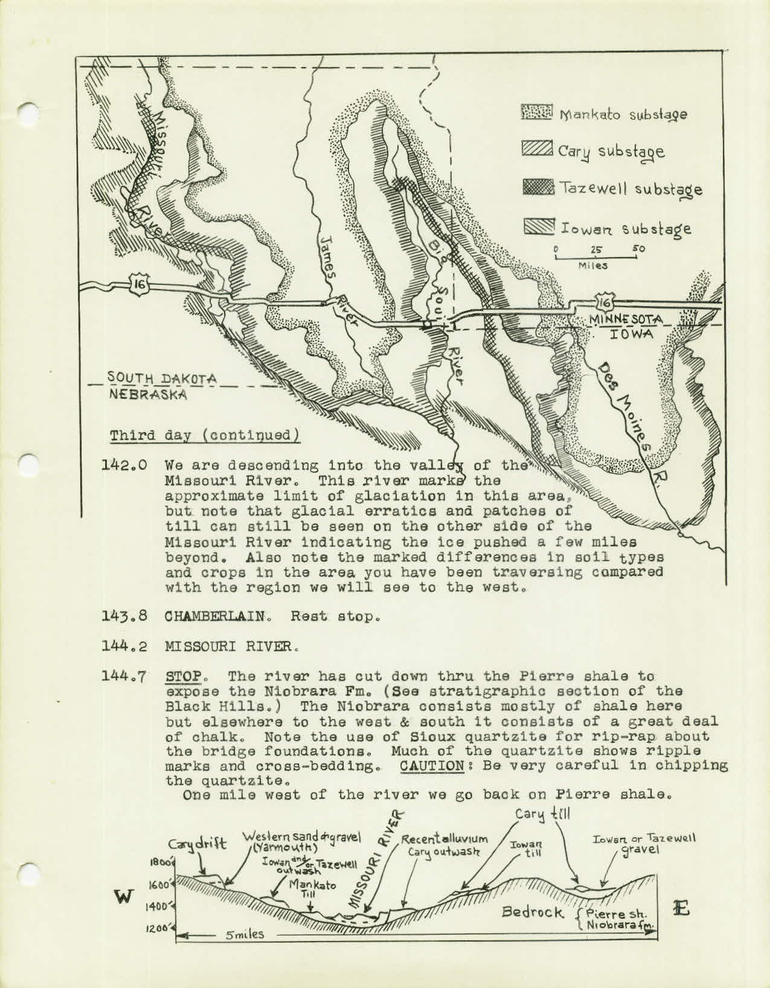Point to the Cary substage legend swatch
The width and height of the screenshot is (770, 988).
pyautogui.click(x=534, y=150)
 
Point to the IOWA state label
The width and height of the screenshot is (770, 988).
pyautogui.click(x=632, y=333)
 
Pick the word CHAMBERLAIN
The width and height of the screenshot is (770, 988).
pyautogui.click(x=221, y=617)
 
